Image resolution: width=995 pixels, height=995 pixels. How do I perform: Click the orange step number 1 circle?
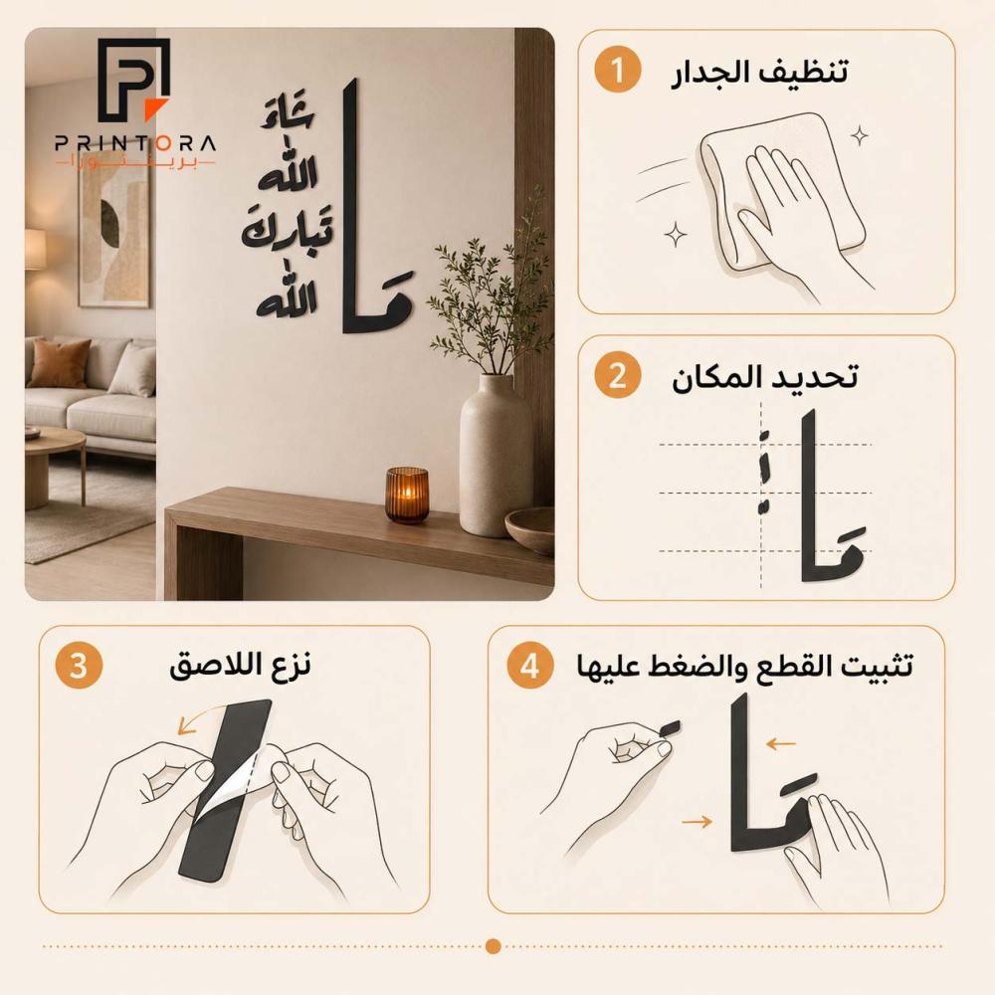coord(618,70)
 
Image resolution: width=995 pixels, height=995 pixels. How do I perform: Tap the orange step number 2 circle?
coord(618,375)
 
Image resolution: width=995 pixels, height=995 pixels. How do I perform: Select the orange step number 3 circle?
coord(78,666)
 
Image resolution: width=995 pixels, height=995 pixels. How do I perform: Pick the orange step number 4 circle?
coord(530,666)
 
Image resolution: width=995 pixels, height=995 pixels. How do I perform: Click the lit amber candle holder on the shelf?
coord(407,495)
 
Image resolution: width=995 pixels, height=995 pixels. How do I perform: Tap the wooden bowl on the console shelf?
coord(530,530)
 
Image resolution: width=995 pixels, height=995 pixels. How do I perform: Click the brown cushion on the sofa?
coord(59,363)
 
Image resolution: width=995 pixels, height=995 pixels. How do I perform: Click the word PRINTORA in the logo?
coord(135,144)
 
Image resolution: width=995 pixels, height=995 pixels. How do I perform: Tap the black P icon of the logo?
coord(134,80)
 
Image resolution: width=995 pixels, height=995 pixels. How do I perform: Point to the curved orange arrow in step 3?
coord(201,713)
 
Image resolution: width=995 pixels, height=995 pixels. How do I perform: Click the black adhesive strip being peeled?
coord(226,790)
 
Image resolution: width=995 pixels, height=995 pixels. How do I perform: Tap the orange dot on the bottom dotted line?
coord(494,946)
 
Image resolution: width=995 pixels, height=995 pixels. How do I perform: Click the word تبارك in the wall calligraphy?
coord(287,231)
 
